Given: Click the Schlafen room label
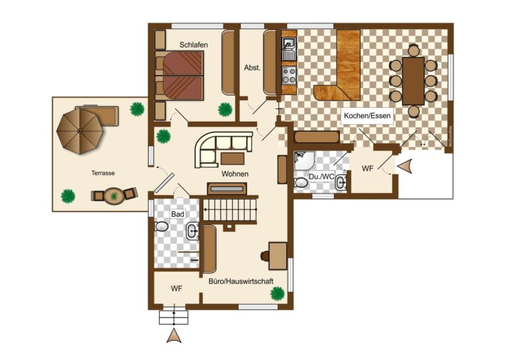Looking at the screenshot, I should [194, 45].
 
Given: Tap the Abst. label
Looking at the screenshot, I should [252, 67].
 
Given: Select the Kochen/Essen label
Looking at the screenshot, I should [367, 116].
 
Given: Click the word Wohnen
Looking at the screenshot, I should [235, 174].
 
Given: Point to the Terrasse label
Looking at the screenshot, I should [103, 173].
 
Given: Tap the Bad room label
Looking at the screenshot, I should [178, 215].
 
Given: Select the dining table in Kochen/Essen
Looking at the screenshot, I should [413, 80].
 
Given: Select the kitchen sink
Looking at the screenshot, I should [289, 44].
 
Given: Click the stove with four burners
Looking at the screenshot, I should [289, 72].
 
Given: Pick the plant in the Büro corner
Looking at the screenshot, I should [277, 292].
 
